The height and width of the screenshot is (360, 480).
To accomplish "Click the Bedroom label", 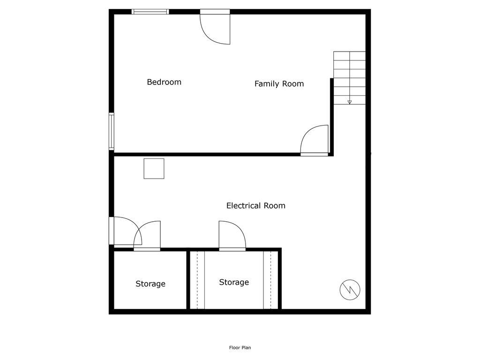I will pos(164,82).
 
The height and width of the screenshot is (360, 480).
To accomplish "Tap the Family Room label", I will pos(279,84).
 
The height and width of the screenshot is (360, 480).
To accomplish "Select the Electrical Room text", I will pos(255,205).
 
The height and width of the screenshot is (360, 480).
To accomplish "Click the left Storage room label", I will pos(150,284).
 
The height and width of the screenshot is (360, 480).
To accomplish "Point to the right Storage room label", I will pos(234,282).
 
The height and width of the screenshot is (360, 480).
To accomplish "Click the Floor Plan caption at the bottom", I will pos(240,348).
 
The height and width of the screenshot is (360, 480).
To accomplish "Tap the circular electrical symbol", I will pos(350,290).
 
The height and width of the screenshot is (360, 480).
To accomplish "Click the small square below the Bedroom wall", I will pos(154,169).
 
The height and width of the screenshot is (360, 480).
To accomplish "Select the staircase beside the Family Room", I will pos(349,77).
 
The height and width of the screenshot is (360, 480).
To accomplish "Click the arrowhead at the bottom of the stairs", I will pos(350,102).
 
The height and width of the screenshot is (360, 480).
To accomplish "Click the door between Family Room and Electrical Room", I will pos(315,140).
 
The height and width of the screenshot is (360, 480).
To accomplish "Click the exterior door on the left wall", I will pos(123,231).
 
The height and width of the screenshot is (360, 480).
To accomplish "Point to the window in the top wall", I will pos(150,12).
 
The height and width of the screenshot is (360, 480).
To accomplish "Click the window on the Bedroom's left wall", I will pos(112,131).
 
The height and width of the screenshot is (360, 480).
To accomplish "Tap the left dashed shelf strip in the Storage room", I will pos(201,280).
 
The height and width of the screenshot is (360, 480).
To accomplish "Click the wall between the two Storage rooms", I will pos(188,280).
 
